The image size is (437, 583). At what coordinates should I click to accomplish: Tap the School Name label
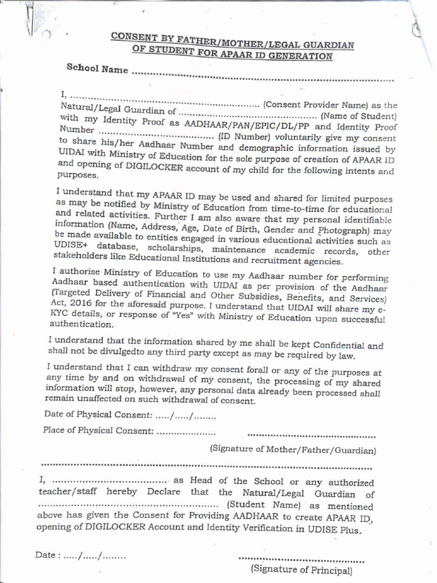coord(97,69)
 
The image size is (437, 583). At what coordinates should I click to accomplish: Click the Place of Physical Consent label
coord(98,430)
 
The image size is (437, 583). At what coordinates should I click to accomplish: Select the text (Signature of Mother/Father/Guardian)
coord(293,449)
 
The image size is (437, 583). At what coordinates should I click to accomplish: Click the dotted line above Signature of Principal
coord(302,559)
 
